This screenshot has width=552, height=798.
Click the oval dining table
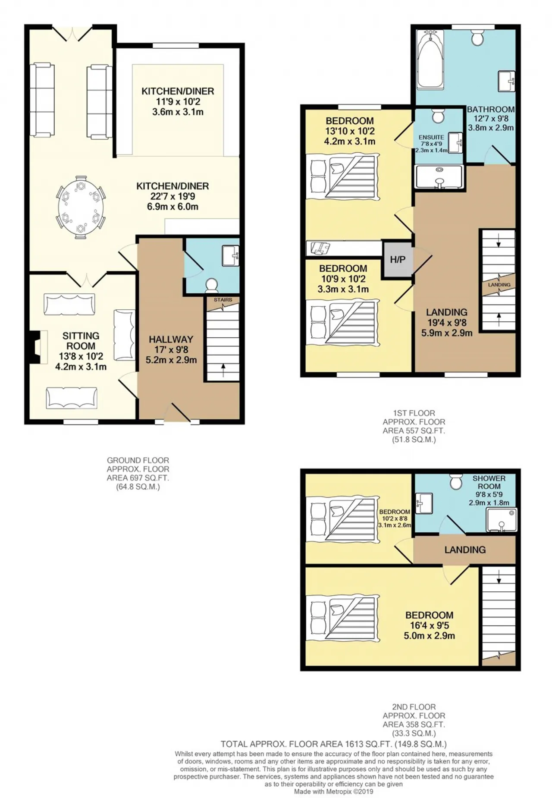pos(81,207)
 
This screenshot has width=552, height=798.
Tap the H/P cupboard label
pos(398,260)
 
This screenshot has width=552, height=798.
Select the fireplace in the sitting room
pos(37,347)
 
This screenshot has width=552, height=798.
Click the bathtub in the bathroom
pos(430,59)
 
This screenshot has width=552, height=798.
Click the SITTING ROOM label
pos(81,341)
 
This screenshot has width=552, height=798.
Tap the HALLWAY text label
pos(171,339)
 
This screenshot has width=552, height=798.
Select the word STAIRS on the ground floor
pos(223,300)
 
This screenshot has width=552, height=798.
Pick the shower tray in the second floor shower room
pos(501,520)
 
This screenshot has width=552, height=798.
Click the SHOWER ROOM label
pos(489,482)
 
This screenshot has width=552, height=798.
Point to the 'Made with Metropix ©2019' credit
pos(333,792)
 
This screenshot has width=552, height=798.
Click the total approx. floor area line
pos(333,744)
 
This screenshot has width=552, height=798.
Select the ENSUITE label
pos(431,137)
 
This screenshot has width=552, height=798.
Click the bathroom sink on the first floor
pos(507,81)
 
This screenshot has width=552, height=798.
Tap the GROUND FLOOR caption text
pos(138,460)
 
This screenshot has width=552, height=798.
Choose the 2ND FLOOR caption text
pos(414,707)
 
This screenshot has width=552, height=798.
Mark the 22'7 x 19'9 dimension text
pos(172,196)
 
